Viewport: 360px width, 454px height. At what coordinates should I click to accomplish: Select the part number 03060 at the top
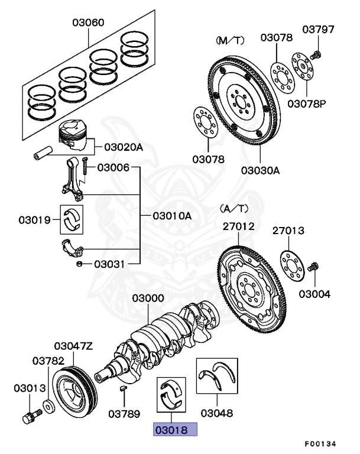point(88,23)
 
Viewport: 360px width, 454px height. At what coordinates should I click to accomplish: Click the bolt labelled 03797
point(317,54)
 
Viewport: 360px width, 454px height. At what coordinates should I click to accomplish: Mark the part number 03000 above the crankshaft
point(148,300)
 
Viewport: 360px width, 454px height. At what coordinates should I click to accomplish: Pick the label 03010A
point(172,216)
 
